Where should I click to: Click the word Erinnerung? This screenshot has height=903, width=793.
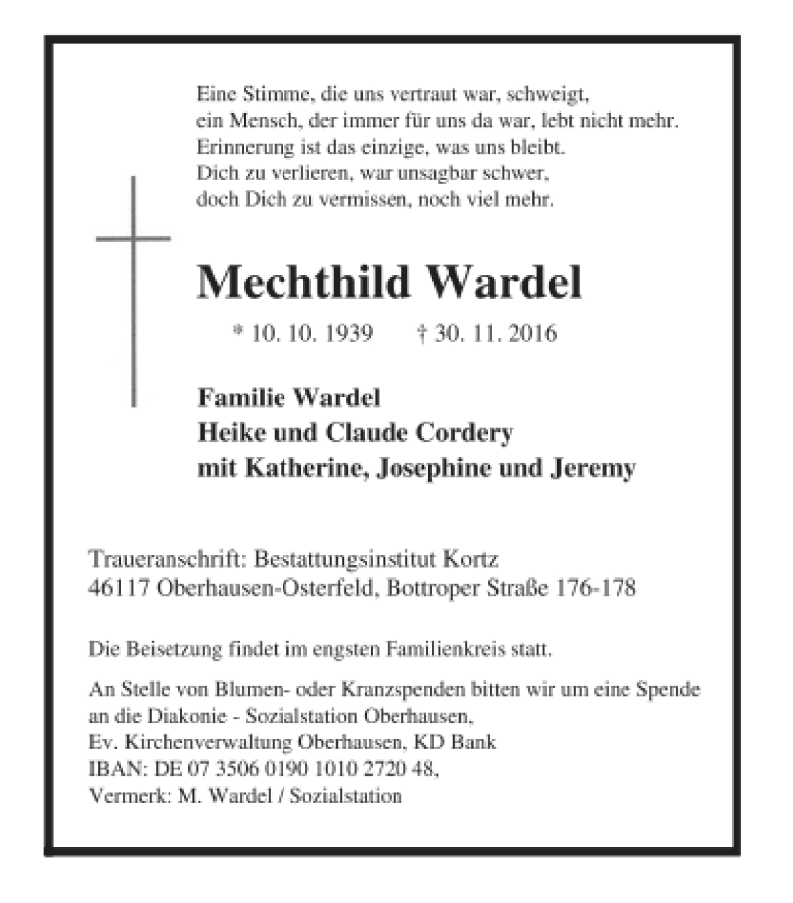click(x=243, y=150)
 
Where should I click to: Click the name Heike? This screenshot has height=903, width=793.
click(x=227, y=434)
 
